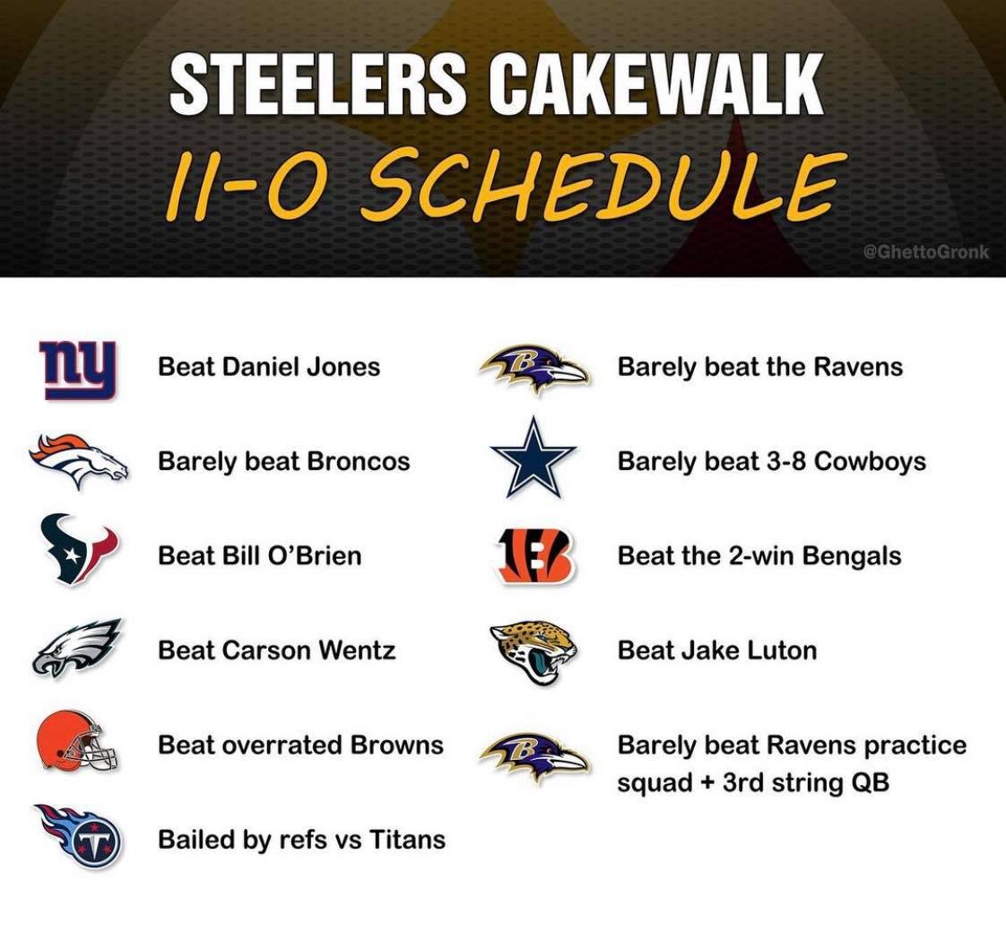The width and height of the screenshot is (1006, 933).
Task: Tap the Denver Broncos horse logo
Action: click(x=78, y=460)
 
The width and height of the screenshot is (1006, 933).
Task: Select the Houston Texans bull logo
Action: click(x=78, y=549)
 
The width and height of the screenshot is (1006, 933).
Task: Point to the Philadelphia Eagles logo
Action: click(x=76, y=647)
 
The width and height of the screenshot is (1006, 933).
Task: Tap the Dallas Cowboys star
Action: click(x=533, y=458)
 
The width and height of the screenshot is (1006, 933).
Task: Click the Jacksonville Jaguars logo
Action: click(x=534, y=651)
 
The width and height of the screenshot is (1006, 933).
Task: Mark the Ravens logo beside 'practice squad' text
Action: click(x=533, y=758)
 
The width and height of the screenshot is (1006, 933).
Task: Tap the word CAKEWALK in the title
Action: click(x=655, y=83)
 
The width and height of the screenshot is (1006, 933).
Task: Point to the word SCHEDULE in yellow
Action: click(x=601, y=184)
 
